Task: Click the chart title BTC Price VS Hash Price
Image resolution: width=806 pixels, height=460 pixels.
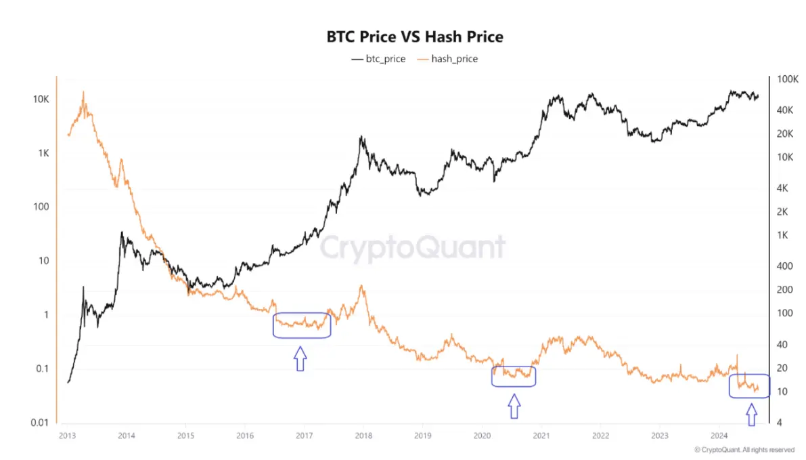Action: click(x=415, y=37)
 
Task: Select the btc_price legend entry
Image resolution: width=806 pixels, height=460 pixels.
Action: click(x=378, y=59)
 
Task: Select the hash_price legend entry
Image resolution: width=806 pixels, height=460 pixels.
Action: click(x=447, y=59)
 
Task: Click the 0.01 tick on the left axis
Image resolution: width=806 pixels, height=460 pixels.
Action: click(x=38, y=423)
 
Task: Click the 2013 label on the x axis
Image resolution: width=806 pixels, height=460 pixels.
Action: click(x=67, y=436)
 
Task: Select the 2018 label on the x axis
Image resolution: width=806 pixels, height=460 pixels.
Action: click(x=363, y=436)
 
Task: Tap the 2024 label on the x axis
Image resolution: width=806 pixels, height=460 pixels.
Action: click(x=719, y=436)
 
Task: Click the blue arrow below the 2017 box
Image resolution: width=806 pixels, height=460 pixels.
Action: click(x=300, y=358)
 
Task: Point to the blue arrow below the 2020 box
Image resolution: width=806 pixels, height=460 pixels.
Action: click(x=514, y=406)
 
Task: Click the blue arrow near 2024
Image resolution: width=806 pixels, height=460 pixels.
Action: click(x=751, y=414)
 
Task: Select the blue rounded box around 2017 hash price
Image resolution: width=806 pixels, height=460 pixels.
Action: click(x=302, y=325)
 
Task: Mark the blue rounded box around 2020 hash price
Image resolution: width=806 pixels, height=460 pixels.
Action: click(x=514, y=376)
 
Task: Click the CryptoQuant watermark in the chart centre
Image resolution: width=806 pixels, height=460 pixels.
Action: click(x=412, y=247)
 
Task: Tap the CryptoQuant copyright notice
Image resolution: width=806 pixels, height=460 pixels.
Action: click(x=744, y=449)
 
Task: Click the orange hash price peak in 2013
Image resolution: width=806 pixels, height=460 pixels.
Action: click(x=83, y=92)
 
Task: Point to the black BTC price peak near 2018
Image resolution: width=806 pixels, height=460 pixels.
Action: click(x=362, y=137)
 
